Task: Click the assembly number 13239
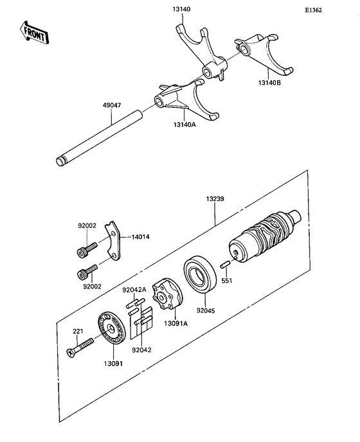pyautogui.click(x=215, y=199)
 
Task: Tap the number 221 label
pyautogui.click(x=78, y=331)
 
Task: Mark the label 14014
pyautogui.click(x=142, y=237)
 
